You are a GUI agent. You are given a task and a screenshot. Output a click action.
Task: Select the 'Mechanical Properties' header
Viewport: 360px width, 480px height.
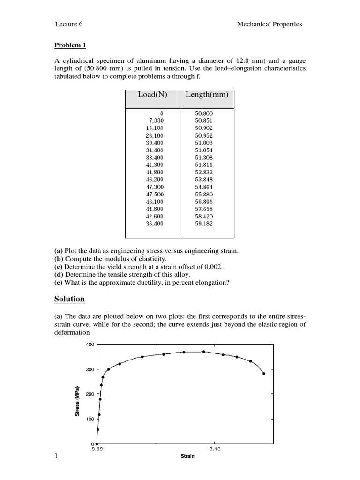(x=270, y=24)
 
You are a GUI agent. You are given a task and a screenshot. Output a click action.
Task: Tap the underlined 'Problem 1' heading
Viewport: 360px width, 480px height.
(x=70, y=45)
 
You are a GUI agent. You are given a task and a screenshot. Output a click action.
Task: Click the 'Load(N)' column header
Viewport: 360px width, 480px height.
(x=152, y=95)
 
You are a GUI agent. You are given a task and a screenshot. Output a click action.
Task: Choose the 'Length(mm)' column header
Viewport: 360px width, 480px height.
(x=207, y=95)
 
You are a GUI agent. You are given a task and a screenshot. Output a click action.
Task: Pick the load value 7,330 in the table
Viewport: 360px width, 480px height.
(x=156, y=120)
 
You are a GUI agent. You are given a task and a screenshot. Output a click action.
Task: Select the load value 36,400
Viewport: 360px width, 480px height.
(x=155, y=224)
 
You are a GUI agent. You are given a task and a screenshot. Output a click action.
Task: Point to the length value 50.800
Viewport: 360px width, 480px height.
(x=204, y=113)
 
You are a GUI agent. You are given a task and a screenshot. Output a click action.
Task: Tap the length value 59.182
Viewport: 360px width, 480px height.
(x=204, y=224)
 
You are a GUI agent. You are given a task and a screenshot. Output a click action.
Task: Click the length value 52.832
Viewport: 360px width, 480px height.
(x=204, y=172)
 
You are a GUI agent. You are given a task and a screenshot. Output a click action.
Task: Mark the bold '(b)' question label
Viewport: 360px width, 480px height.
(x=60, y=259)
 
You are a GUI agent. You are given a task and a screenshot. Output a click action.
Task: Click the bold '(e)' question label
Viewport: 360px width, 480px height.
(x=60, y=282)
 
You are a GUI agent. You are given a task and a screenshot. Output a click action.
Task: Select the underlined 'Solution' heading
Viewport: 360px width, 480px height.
(x=69, y=299)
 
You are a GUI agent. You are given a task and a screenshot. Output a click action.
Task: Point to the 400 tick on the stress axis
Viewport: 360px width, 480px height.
(x=89, y=345)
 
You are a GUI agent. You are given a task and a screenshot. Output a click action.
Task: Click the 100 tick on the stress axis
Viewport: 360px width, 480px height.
(x=89, y=419)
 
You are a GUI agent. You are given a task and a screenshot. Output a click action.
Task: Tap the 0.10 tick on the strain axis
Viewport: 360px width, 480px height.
(x=214, y=449)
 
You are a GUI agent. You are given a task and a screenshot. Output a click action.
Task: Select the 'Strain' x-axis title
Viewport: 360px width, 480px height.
(x=187, y=456)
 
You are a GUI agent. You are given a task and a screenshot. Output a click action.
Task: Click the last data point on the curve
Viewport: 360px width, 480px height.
(x=264, y=374)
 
